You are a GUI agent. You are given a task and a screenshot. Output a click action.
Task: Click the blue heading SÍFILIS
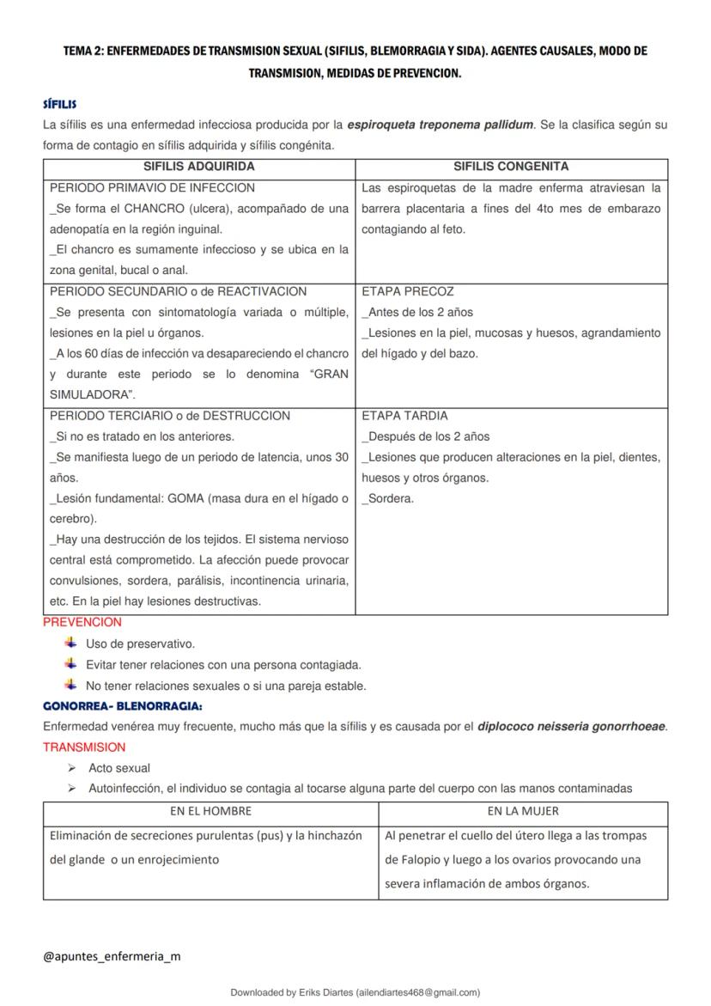pos(59,104)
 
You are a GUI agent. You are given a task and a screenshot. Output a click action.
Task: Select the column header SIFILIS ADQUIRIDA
pos(198,167)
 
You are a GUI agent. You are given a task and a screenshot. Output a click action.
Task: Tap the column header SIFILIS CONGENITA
pos(511,167)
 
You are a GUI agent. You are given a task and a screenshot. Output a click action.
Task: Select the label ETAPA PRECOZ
pos(408,291)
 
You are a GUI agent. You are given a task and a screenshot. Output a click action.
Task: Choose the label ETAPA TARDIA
pos(405,416)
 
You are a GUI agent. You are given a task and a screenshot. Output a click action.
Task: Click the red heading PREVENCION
pos(82,622)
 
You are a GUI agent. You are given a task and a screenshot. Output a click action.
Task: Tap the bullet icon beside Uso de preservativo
pos(70,643)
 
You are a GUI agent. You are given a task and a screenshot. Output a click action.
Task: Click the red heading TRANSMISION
pos(84,747)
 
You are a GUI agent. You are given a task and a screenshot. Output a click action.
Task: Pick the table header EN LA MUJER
pos(522,810)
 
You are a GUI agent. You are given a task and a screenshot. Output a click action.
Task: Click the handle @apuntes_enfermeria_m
pos(112,955)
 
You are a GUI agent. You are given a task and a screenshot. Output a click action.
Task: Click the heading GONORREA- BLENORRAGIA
pos(123,706)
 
